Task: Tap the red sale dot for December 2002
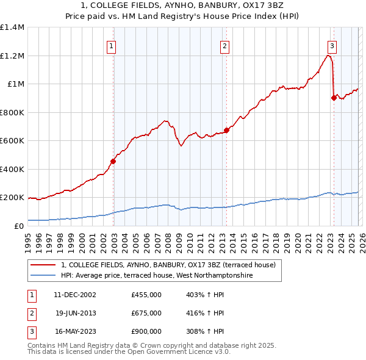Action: click(x=113, y=162)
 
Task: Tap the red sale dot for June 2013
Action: click(x=226, y=130)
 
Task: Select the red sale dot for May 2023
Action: click(x=334, y=98)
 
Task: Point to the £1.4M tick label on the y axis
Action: click(x=12, y=27)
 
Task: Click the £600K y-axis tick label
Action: click(x=12, y=141)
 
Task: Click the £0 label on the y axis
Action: click(x=18, y=226)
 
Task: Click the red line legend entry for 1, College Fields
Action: click(x=168, y=265)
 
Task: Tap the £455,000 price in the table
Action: click(x=146, y=294)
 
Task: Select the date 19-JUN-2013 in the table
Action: click(x=75, y=313)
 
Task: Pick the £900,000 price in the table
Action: click(x=146, y=332)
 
